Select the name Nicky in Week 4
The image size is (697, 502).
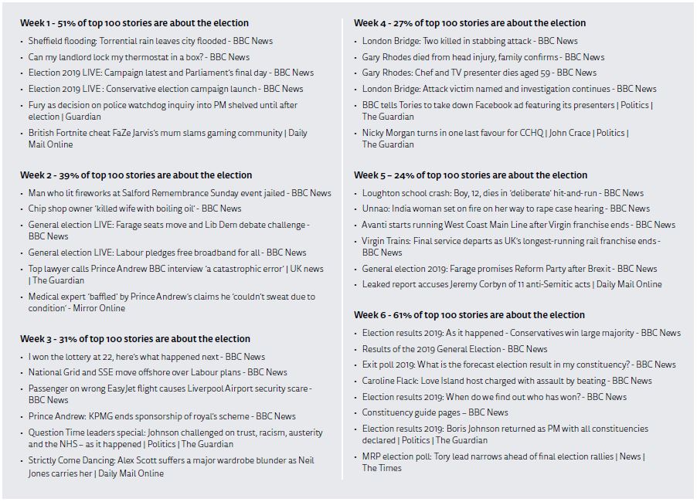pyautogui.click(x=375, y=133)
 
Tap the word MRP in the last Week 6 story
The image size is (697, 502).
pyautogui.click(x=372, y=456)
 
